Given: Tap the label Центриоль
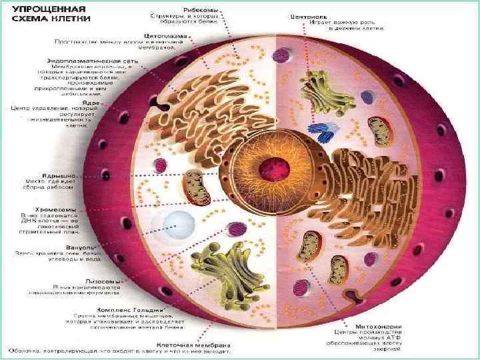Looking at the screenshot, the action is tap(307, 14).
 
